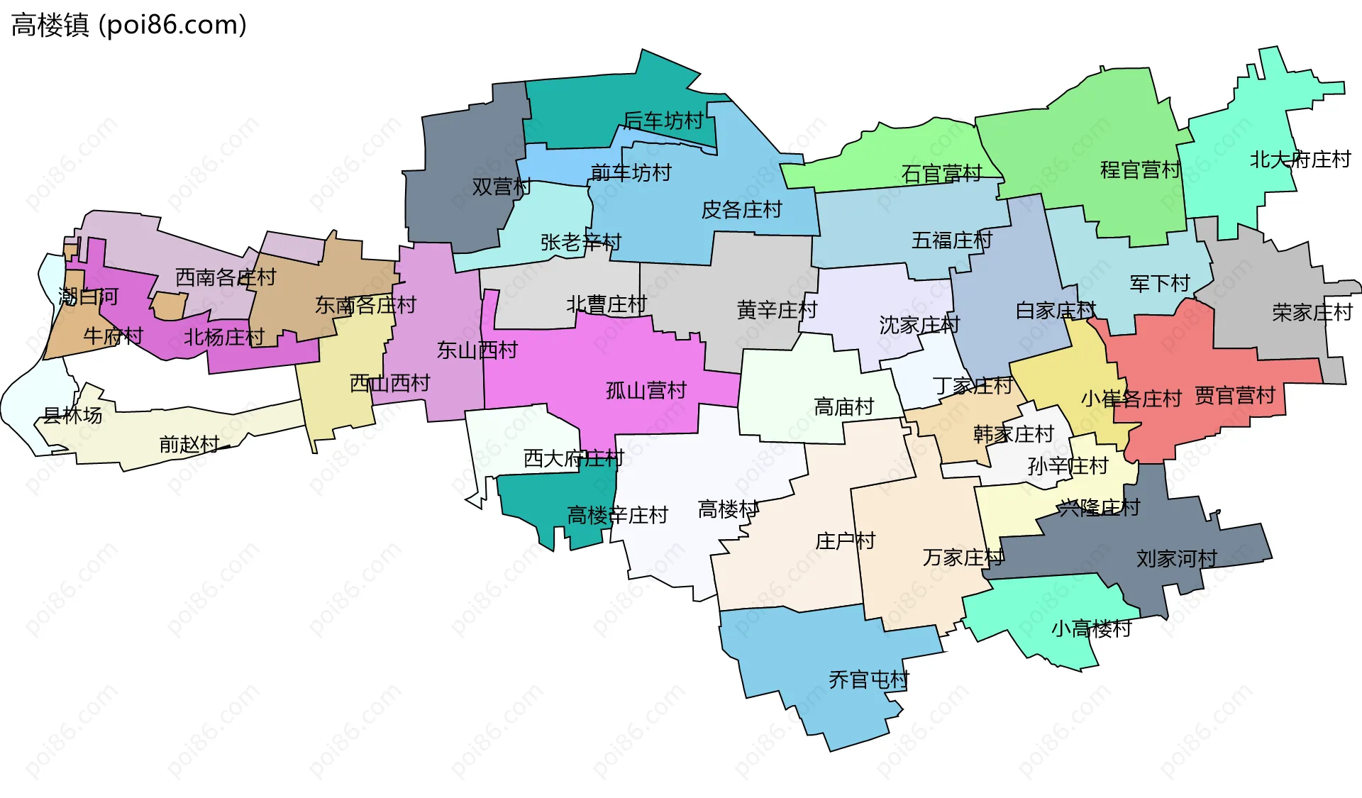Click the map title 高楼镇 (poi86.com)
129,26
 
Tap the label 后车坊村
663,121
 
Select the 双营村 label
501,187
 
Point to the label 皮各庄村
741,210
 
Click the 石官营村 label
941,174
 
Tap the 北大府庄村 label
1300,160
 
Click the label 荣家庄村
1312,312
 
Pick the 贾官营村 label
1234,396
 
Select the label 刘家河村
1176,559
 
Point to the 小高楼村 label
1090,628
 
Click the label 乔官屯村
868,680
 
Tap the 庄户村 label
845,541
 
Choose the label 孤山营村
646,391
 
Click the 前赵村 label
189,445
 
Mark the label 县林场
72,416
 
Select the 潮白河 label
88,297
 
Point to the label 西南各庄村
226,277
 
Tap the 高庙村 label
843,407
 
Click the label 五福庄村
951,240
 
